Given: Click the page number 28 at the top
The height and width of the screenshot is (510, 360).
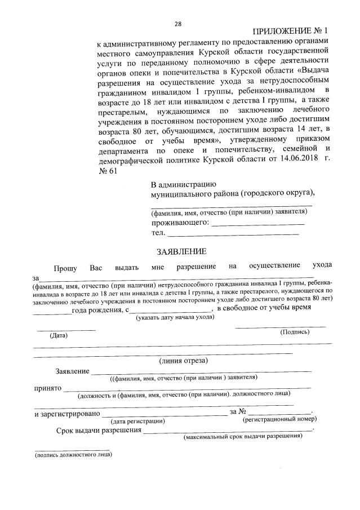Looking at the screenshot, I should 178,24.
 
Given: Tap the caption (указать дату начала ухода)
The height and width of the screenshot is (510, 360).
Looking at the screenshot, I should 175,317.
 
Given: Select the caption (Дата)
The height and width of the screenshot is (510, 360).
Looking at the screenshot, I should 59,335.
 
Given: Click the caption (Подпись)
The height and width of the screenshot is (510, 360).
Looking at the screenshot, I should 295,332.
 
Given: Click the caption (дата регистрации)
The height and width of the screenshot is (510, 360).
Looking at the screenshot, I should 137,420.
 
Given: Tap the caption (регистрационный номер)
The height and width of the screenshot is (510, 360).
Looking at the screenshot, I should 279,419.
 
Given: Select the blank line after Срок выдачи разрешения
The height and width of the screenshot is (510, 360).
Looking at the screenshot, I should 228,432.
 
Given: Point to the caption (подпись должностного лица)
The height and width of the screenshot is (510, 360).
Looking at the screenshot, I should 73,455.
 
